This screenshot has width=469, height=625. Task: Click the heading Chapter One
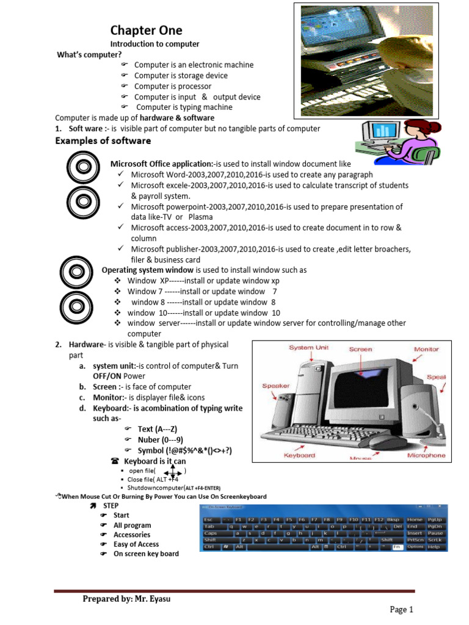146,31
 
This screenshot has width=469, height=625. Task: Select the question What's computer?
89,55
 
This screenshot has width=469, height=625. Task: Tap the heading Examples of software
103,141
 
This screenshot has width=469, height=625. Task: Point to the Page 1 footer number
402,609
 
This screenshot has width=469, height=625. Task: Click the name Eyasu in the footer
158,599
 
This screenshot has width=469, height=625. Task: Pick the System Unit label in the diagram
309,348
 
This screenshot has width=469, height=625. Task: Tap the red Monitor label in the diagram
426,350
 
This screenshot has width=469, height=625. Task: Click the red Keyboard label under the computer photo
299,455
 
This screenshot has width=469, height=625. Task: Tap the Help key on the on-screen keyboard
434,547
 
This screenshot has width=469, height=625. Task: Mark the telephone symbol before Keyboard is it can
115,461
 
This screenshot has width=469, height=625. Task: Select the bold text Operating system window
147,270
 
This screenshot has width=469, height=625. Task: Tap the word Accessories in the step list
132,535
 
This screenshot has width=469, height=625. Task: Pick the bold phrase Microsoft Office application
161,164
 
